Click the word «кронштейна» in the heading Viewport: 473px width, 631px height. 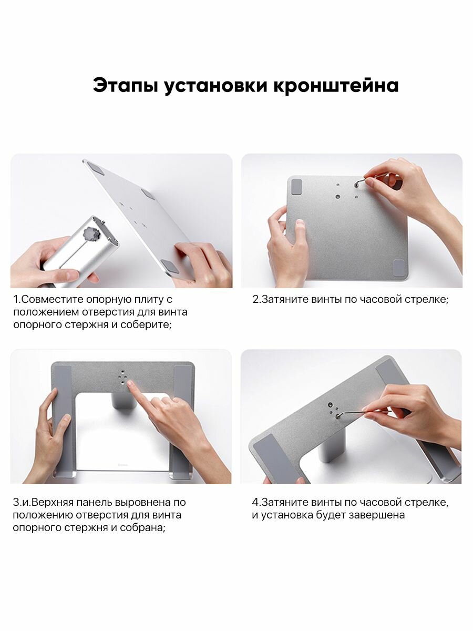(x=336, y=85)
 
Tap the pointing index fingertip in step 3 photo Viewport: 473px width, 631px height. (x=130, y=383)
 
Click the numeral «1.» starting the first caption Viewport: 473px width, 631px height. (x=17, y=299)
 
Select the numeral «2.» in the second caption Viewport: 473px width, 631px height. (x=257, y=299)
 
